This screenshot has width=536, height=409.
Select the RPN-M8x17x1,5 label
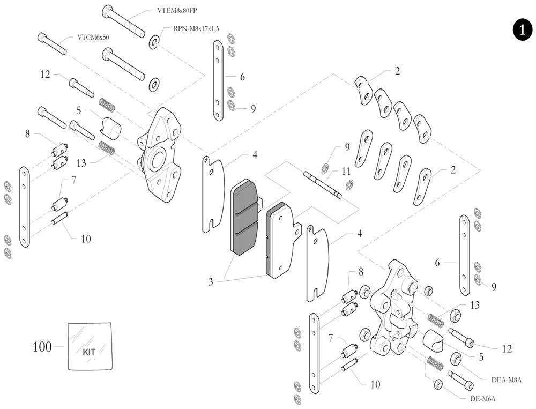point(196,29)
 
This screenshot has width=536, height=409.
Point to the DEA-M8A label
point(506,380)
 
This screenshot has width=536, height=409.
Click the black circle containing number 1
point(522,30)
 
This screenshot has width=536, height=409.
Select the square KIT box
point(90,346)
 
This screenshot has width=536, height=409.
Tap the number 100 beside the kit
point(42,347)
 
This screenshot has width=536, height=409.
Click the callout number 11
point(346,172)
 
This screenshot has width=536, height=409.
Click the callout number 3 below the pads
point(211,281)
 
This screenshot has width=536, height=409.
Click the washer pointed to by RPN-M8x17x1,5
point(154,41)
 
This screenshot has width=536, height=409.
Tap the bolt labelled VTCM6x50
point(52,43)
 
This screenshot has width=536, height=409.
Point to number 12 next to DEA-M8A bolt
point(507,349)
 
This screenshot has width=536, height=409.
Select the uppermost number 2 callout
point(397,71)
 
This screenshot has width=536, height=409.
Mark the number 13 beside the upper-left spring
point(81,161)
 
